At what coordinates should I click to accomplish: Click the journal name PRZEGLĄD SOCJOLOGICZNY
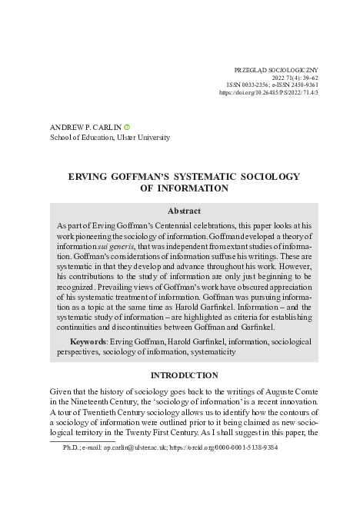point(274,69)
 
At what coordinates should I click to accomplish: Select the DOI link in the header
point(268,92)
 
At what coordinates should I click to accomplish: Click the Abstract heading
point(184,211)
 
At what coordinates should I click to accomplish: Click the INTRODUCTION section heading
point(184,375)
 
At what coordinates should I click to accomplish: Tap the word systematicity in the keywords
point(208,351)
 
